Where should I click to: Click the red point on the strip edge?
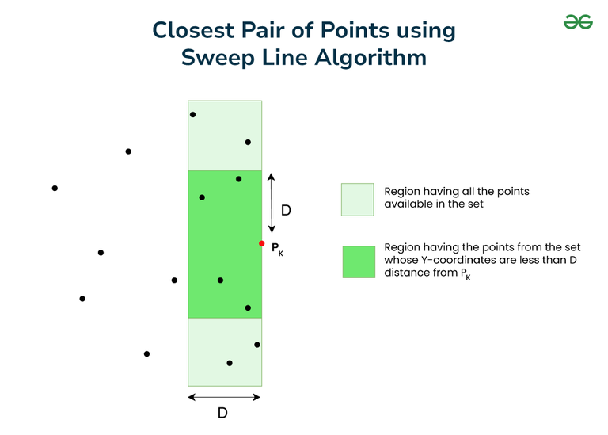point(262,243)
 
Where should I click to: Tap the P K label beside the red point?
point(277,249)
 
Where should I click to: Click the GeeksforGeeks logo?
point(578,22)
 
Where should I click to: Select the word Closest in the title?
point(193,30)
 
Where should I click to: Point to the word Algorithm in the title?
point(370,58)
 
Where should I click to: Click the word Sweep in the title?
point(218,59)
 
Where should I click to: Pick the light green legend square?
point(358,200)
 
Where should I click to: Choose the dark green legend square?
point(359,261)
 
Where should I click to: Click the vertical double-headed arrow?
point(272,203)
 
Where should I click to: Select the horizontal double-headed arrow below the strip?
point(224,397)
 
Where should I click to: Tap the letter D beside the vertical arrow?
point(286,210)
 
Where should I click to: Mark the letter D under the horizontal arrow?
point(222,413)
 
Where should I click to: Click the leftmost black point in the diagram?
point(55,189)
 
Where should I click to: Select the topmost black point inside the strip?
point(192,114)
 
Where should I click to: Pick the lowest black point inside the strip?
point(230,363)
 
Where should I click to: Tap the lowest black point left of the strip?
point(146,354)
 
